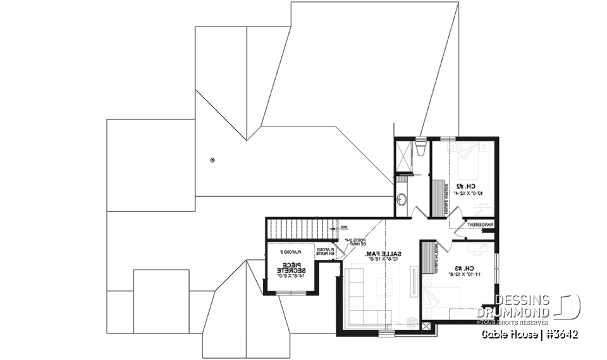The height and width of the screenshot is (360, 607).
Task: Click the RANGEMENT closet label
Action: pyautogui.click(x=480, y=225)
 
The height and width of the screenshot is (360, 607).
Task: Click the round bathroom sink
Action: pyautogui.click(x=401, y=200)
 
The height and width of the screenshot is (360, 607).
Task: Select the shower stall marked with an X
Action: pyautogui.click(x=403, y=156)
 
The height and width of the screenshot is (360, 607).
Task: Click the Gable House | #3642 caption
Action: pyautogui.click(x=530, y=334)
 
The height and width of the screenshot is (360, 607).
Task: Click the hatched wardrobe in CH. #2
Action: pyautogui.click(x=438, y=196)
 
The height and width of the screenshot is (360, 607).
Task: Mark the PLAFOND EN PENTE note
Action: pyautogui.click(x=326, y=252)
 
